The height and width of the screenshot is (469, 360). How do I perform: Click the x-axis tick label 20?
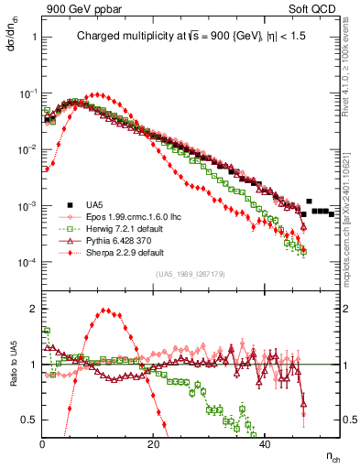(x=154, y=444)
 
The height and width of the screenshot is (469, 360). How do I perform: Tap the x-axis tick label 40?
(x=265, y=444)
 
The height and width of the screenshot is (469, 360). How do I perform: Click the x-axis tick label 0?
(x=43, y=444)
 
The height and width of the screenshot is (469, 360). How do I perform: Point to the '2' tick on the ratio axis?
(x=33, y=309)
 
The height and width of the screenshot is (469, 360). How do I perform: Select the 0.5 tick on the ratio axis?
(x=29, y=420)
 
